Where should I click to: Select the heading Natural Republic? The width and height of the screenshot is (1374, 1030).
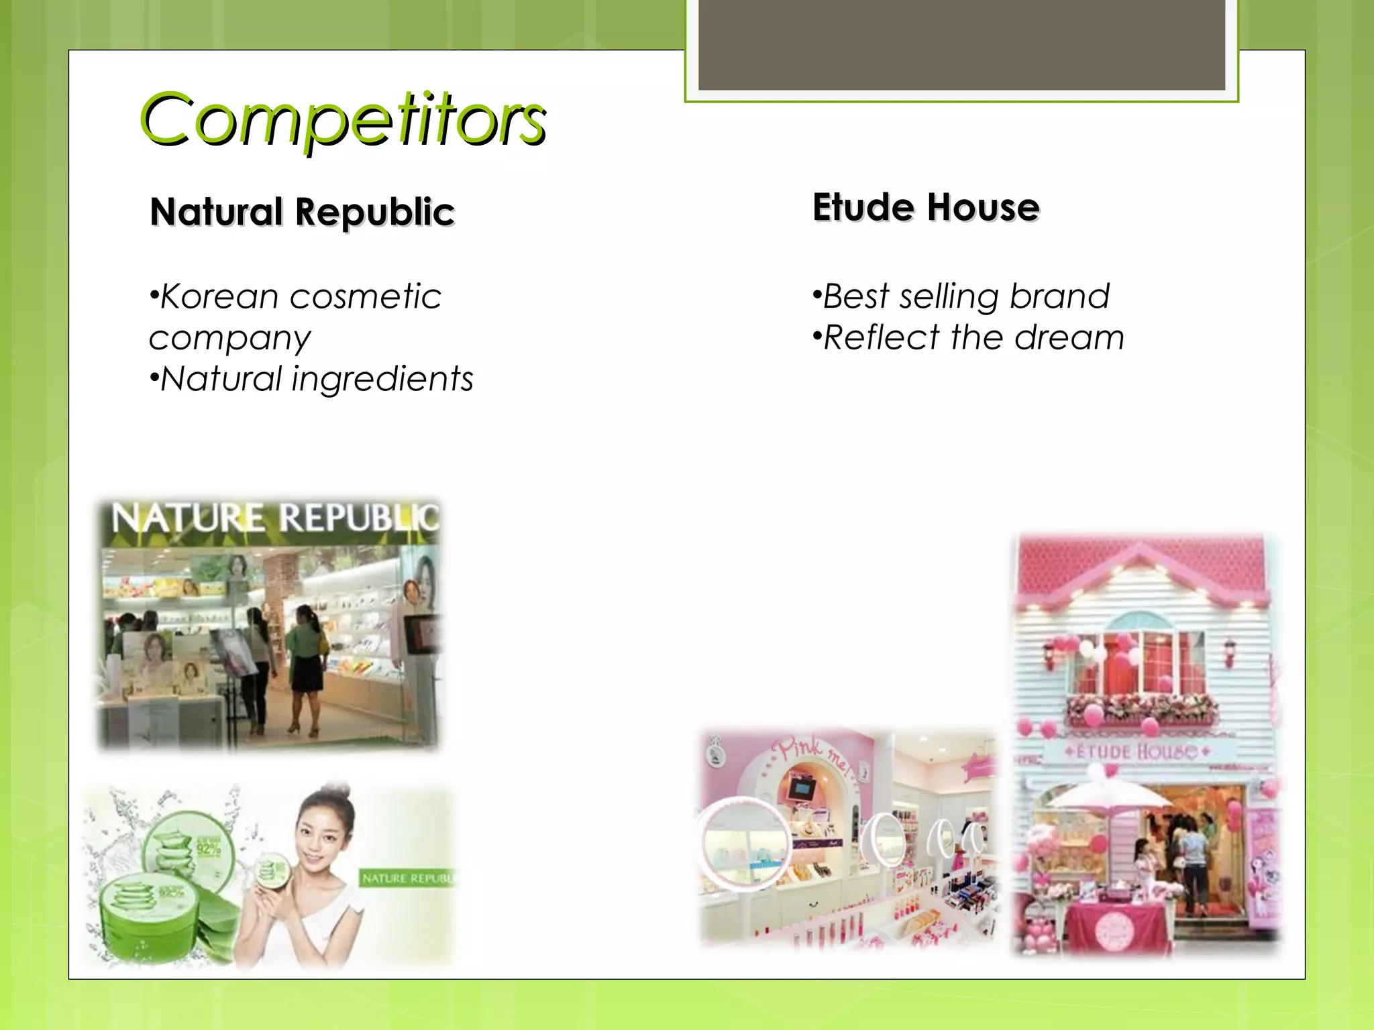pyautogui.click(x=302, y=212)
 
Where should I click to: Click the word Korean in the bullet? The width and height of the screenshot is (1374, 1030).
pyautogui.click(x=219, y=296)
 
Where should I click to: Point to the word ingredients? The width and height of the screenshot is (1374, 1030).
pyautogui.click(x=382, y=379)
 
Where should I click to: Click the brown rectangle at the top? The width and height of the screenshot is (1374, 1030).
pyautogui.click(x=961, y=44)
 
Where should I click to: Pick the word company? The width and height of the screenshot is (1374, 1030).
pyautogui.click(x=229, y=338)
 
